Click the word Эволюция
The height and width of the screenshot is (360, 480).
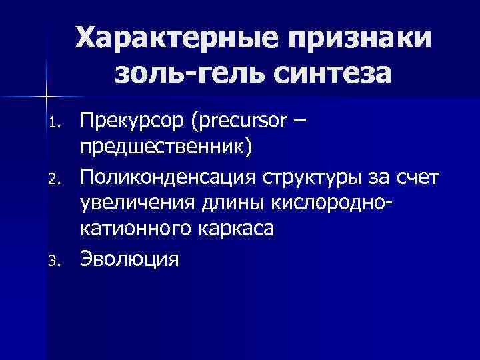131,259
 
